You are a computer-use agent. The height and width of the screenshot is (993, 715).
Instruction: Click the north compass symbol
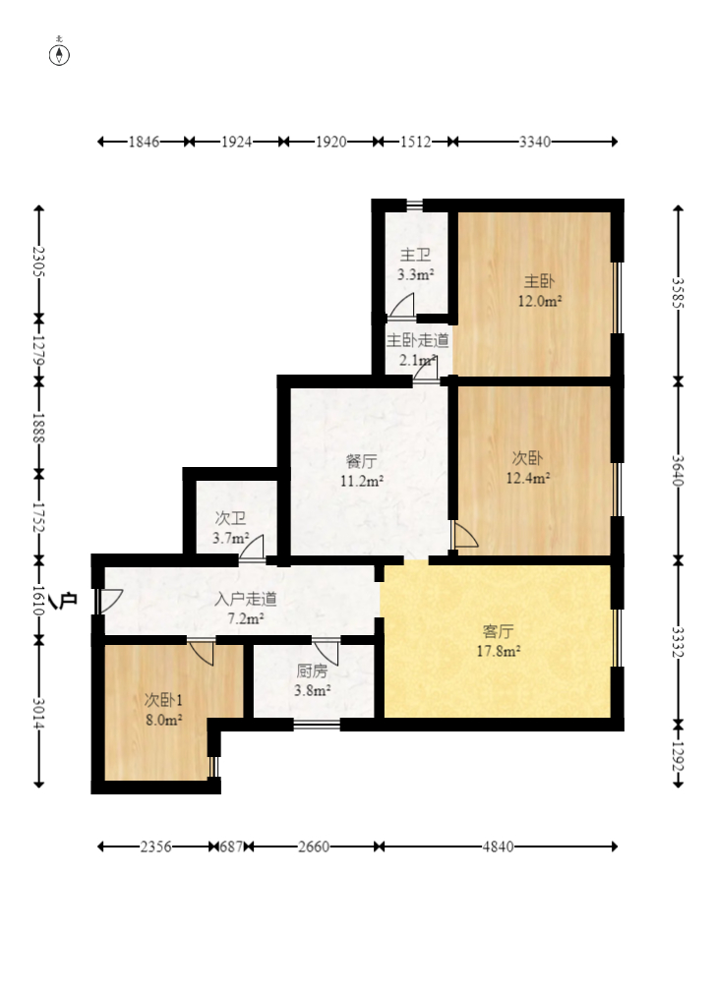[x=60, y=55]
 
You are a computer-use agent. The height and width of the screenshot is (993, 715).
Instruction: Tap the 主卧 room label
[x=539, y=281]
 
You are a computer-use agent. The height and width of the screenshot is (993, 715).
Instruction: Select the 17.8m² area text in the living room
[x=499, y=651]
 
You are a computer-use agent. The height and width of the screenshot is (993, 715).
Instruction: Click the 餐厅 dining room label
[x=361, y=461]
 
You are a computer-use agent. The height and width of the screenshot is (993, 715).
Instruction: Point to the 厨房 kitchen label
[x=312, y=671]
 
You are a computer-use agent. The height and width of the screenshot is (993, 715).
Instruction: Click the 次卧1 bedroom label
[x=163, y=700]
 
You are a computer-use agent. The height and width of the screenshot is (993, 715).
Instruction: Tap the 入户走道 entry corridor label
[x=246, y=599]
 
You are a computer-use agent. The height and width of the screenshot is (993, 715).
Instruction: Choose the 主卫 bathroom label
[x=415, y=255]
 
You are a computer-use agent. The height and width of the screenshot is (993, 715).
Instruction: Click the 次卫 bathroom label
[x=230, y=518]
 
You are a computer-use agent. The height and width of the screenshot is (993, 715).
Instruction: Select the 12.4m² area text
[x=527, y=478]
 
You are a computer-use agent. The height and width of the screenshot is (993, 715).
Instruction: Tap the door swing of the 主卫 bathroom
[x=401, y=305]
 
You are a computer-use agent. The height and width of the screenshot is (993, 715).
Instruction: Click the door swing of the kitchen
[x=327, y=653]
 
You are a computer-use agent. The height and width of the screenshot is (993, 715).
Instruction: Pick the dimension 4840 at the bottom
[x=498, y=847]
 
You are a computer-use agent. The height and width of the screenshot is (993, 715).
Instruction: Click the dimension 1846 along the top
[x=144, y=142]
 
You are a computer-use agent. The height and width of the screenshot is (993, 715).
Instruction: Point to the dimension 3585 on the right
[x=679, y=293]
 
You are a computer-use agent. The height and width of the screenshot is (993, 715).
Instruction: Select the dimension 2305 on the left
[x=38, y=262]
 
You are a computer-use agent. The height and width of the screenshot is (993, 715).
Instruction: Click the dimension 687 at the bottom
[x=231, y=847]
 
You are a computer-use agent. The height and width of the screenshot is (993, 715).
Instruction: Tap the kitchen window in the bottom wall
[x=317, y=724]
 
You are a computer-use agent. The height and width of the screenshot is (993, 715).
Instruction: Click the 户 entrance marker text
[x=68, y=599]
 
